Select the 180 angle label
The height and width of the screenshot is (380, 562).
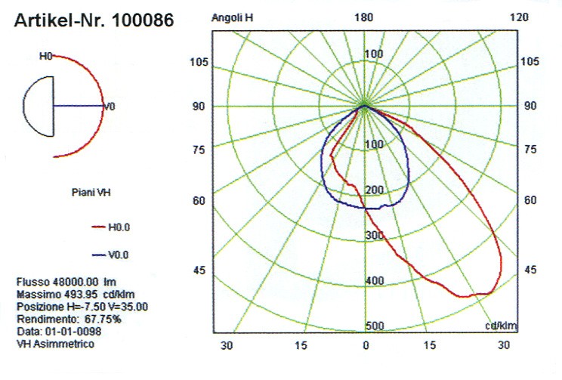coord(366,17)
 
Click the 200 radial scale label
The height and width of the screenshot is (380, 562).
coord(374,190)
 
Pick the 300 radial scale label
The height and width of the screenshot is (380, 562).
coord(374,236)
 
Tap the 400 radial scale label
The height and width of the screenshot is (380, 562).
coord(374,281)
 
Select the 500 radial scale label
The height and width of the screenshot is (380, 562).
coord(374,326)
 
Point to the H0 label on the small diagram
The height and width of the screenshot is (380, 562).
coord(45,56)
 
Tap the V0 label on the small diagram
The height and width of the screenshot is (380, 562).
coord(110,107)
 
